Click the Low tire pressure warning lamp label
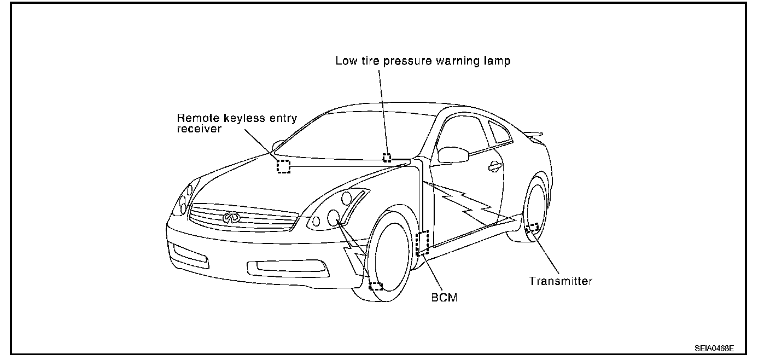point(423,61)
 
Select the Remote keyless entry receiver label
point(236,124)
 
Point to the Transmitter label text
point(561,281)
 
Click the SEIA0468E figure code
point(714,347)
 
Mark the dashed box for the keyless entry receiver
point(284,166)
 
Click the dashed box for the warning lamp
point(387,158)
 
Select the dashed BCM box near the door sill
point(423,243)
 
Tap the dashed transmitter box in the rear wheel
point(532,228)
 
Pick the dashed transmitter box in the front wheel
point(376,285)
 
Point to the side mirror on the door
point(453,155)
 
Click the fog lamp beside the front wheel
point(284,267)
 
